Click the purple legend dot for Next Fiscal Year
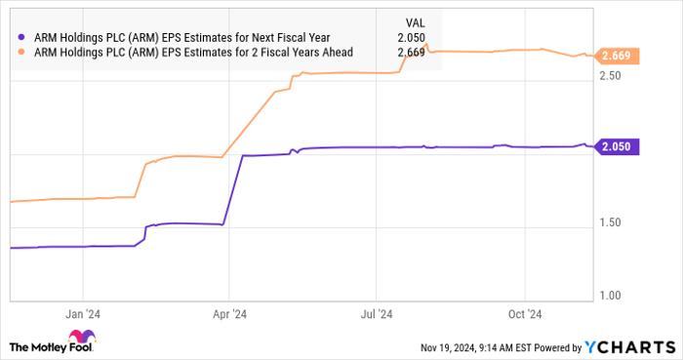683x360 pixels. coord(21,38)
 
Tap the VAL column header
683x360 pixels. coord(415,20)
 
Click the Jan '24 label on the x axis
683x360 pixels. coord(83,314)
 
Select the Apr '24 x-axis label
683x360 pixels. coord(229,314)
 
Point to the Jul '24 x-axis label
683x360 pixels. coord(377,314)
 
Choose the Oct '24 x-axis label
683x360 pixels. coord(525,314)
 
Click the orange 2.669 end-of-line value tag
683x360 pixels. coord(617,57)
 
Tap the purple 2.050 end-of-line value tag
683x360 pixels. coord(617,147)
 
